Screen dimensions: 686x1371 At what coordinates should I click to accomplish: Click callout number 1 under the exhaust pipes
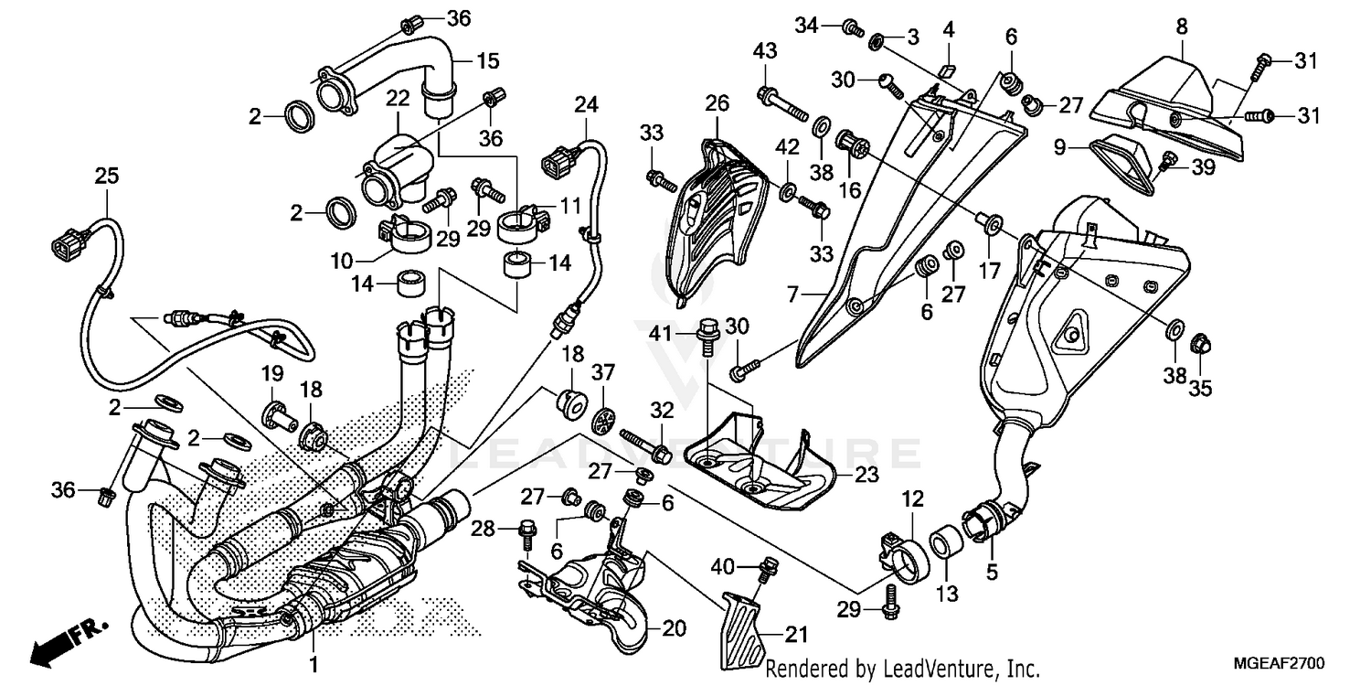click(x=313, y=664)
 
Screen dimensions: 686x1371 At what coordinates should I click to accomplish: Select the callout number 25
click(x=107, y=177)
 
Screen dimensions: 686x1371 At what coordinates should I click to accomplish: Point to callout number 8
click(x=1182, y=27)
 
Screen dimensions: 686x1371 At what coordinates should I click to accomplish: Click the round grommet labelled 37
click(x=604, y=421)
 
